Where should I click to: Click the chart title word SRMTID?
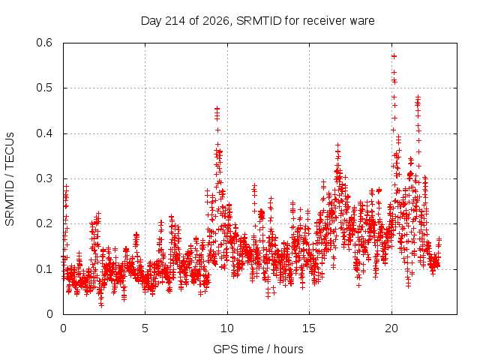pyautogui.click(x=259, y=21)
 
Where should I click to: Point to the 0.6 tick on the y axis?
pyautogui.click(x=44, y=43)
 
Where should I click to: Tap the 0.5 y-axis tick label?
pyautogui.click(x=44, y=88)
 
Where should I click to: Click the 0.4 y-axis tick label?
pyautogui.click(x=44, y=133)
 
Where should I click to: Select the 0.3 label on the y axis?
pyautogui.click(x=44, y=178)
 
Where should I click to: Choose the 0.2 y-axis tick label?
pyautogui.click(x=44, y=223)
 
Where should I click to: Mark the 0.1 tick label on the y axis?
pyautogui.click(x=44, y=269)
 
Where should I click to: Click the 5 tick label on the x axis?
pyautogui.click(x=145, y=328)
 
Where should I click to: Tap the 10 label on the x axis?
pyautogui.click(x=227, y=328)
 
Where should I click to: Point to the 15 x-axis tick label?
pyautogui.click(x=309, y=328)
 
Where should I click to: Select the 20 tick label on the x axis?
pyautogui.click(x=391, y=328)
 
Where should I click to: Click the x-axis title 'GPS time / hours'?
pyautogui.click(x=258, y=349)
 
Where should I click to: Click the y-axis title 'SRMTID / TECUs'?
pyautogui.click(x=10, y=179)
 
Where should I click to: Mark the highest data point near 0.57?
pyautogui.click(x=394, y=56)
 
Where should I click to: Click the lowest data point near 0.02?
pyautogui.click(x=101, y=305)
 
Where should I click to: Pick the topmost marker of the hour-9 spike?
pyautogui.click(x=217, y=108)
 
